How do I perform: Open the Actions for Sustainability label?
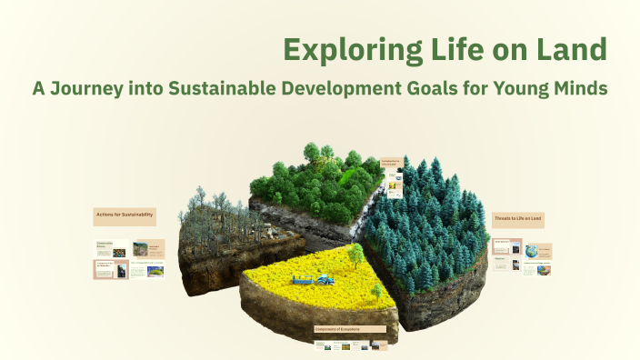coord(124,216)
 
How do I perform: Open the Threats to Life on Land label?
coord(518,219)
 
